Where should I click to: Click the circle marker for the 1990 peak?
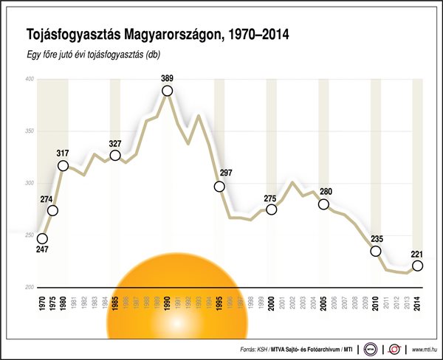pyautogui.click(x=168, y=91)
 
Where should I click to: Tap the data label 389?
pyautogui.click(x=168, y=77)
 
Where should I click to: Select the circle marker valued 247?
pyautogui.click(x=42, y=239)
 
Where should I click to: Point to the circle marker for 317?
pyautogui.click(x=63, y=166)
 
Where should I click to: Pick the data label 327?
pyautogui.click(x=115, y=142)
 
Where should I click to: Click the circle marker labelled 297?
pyautogui.click(x=219, y=187)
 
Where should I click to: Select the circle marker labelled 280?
pyautogui.click(x=323, y=204)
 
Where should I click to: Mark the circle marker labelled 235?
pyautogui.click(x=376, y=252)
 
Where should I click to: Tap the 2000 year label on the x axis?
pyautogui.click(x=272, y=303)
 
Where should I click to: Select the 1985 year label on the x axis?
pyautogui.click(x=115, y=303)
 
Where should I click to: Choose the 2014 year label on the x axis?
pyautogui.click(x=418, y=303)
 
